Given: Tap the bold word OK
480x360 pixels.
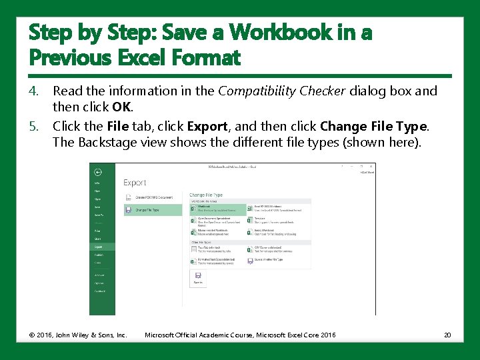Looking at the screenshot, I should pos(122,106).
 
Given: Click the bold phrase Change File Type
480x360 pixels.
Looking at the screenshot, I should pos(373,126).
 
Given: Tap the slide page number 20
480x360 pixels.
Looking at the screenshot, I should pos(447,335).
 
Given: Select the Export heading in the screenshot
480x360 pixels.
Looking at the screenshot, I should pos(135,182).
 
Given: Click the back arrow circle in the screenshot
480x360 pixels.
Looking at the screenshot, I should pos(97,171).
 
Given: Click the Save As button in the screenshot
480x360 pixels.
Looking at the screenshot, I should pos(197,277).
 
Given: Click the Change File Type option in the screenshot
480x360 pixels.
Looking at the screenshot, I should pos(153,209).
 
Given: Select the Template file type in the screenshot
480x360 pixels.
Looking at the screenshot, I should pos(260,218).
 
